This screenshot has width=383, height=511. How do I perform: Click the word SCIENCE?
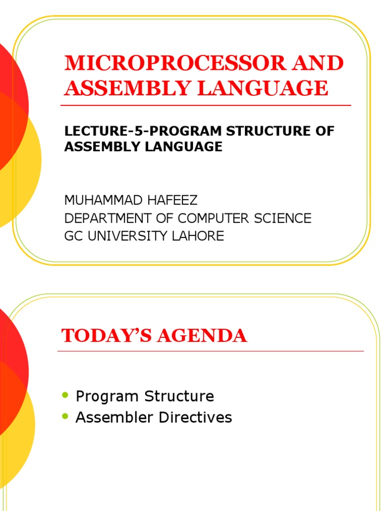pyautogui.click(x=284, y=218)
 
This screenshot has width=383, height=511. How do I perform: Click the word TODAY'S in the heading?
pyautogui.click(x=104, y=336)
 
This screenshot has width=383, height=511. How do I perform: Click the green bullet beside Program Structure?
pyautogui.click(x=64, y=396)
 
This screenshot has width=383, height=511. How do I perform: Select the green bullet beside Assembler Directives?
pyautogui.click(x=64, y=416)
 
